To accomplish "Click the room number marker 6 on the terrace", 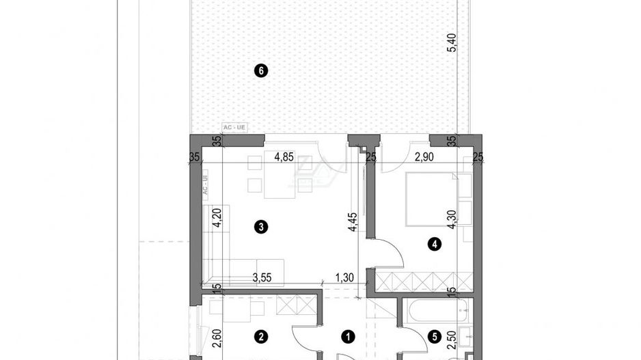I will point(259,70).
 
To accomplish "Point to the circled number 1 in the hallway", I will point(349,336).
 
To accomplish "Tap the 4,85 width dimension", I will point(284,158).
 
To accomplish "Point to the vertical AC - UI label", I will point(204,186).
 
